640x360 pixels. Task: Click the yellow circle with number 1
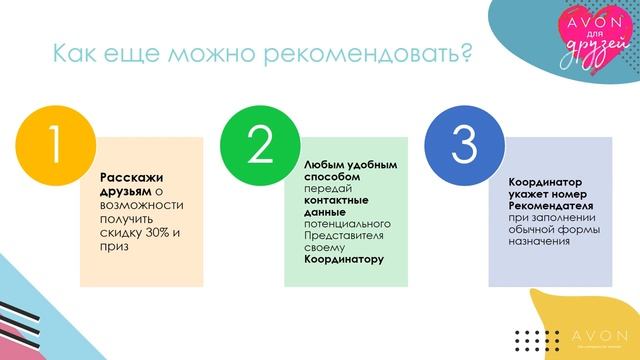click(53, 148)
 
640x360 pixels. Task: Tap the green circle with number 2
click(259, 146)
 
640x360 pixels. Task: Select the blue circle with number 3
click(463, 146)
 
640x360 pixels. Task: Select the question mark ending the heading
click(463, 51)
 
